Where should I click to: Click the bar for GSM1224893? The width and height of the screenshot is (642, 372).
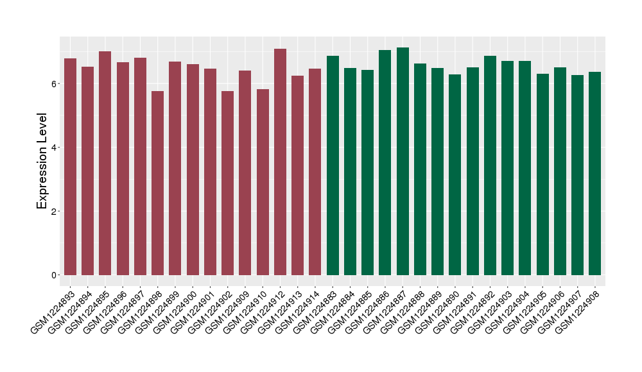point(70,167)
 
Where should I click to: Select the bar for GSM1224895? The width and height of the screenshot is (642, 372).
point(105,164)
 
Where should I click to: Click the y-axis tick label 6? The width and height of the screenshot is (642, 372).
point(56,84)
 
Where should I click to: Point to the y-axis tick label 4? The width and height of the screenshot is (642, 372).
point(56,148)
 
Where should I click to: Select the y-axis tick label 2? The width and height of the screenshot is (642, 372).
point(56,212)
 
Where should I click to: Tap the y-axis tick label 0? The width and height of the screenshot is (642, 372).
point(56,275)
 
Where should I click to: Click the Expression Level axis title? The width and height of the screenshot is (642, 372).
point(42,161)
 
